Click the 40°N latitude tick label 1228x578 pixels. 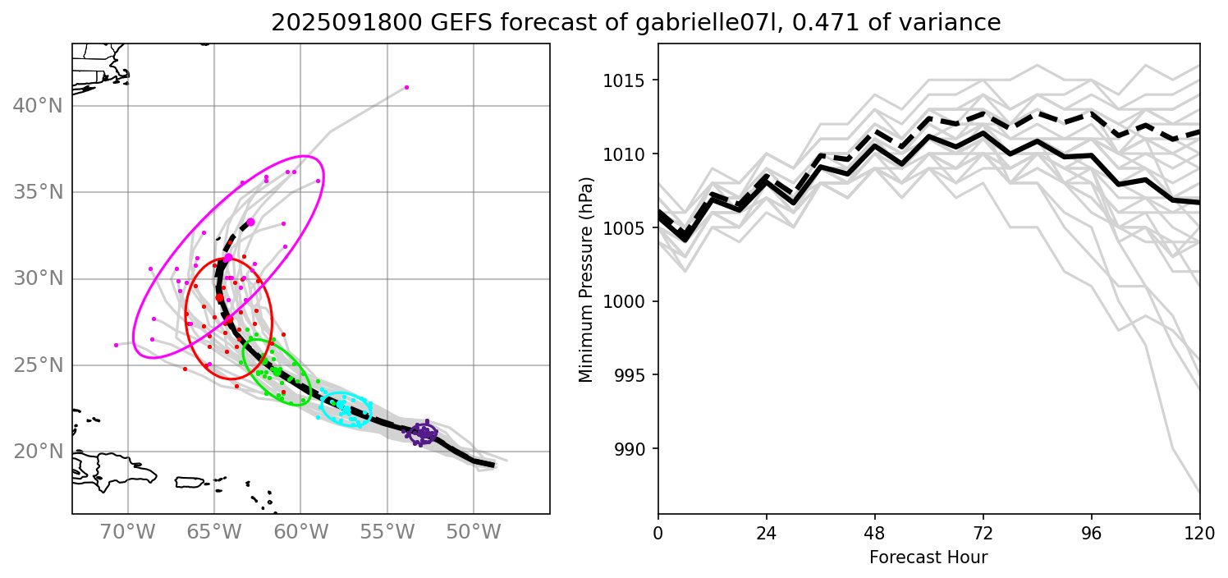(x=39, y=106)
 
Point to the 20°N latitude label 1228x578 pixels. (x=39, y=452)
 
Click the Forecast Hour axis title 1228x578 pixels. (x=928, y=557)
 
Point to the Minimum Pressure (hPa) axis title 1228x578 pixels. (x=585, y=279)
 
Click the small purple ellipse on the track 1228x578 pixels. (x=424, y=433)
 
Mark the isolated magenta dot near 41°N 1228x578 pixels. (x=406, y=87)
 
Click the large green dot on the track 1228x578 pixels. (x=277, y=372)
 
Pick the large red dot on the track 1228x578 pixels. (x=220, y=298)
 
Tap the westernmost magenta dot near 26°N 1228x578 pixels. (x=116, y=345)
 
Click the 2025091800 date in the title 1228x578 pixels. (x=335, y=23)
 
